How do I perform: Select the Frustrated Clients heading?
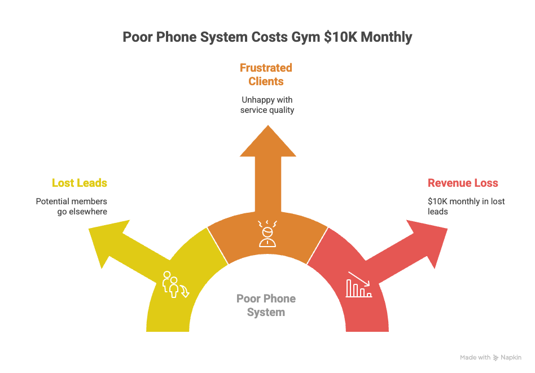click(x=266, y=74)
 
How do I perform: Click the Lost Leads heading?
click(x=80, y=183)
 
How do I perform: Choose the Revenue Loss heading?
click(x=463, y=183)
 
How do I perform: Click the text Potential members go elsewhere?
click(x=72, y=207)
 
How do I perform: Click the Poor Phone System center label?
click(x=266, y=305)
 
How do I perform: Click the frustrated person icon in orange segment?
click(x=267, y=234)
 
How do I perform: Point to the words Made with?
click(x=475, y=357)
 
